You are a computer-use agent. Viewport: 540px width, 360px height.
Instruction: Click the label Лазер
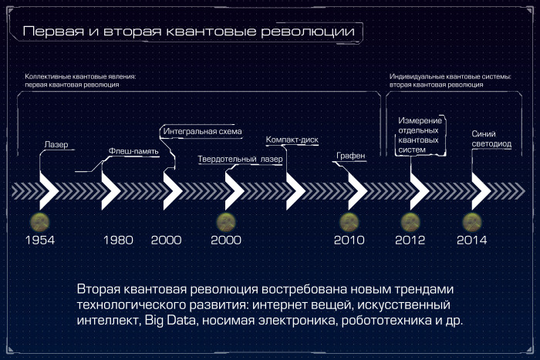point(56,145)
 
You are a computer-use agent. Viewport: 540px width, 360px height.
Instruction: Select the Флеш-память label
point(133,151)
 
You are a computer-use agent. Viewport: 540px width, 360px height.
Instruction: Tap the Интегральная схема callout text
point(202,131)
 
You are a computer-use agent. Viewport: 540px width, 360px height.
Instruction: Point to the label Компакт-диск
point(292,140)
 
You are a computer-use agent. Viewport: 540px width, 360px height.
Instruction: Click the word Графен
point(350,156)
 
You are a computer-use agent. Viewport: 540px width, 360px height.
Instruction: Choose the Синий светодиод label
point(491,139)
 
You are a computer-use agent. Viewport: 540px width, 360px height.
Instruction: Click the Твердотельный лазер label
point(240,159)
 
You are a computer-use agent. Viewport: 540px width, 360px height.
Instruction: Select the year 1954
point(40,240)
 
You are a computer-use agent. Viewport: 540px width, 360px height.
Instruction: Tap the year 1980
point(118,240)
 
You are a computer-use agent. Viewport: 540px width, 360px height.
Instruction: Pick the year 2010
point(349,240)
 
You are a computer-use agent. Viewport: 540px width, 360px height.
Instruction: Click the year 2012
point(410,240)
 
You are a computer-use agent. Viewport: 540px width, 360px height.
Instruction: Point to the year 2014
point(472,240)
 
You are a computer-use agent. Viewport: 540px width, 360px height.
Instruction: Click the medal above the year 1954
point(39,222)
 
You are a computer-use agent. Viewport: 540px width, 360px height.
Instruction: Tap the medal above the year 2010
point(349,222)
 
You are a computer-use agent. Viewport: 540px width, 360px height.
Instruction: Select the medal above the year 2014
point(472,222)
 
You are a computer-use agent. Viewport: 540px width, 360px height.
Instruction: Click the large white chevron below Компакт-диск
point(295,191)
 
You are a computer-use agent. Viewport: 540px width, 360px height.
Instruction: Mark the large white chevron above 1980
point(111,191)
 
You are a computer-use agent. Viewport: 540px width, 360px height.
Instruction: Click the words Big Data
point(170,321)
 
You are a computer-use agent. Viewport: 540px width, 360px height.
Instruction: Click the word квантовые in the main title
point(211,32)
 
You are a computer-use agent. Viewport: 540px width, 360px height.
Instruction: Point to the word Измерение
point(420,120)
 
